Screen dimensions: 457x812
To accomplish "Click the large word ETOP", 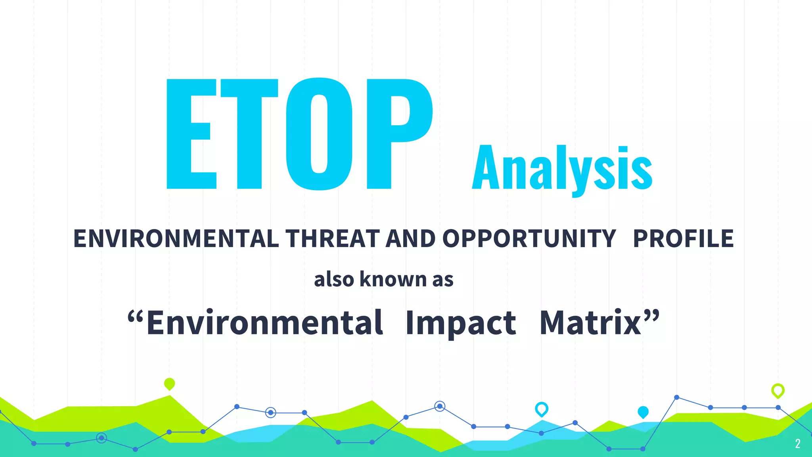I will [299, 134].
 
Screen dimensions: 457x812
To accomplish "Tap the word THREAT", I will [332, 239].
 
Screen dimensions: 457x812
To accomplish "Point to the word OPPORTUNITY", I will [529, 239].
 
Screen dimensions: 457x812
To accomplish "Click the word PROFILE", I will [683, 239].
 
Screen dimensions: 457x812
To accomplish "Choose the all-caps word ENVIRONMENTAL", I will [176, 239].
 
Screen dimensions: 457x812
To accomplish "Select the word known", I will [393, 279].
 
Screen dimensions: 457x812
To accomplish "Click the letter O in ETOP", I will [319, 134].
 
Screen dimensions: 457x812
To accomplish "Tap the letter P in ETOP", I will [398, 134].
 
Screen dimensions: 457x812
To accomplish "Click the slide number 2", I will [798, 444].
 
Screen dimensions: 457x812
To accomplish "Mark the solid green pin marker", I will [169, 384].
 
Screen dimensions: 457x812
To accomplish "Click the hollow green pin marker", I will [778, 390].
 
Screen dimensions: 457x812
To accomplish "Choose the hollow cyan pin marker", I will [542, 409].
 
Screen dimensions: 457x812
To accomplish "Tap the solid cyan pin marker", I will [643, 412].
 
